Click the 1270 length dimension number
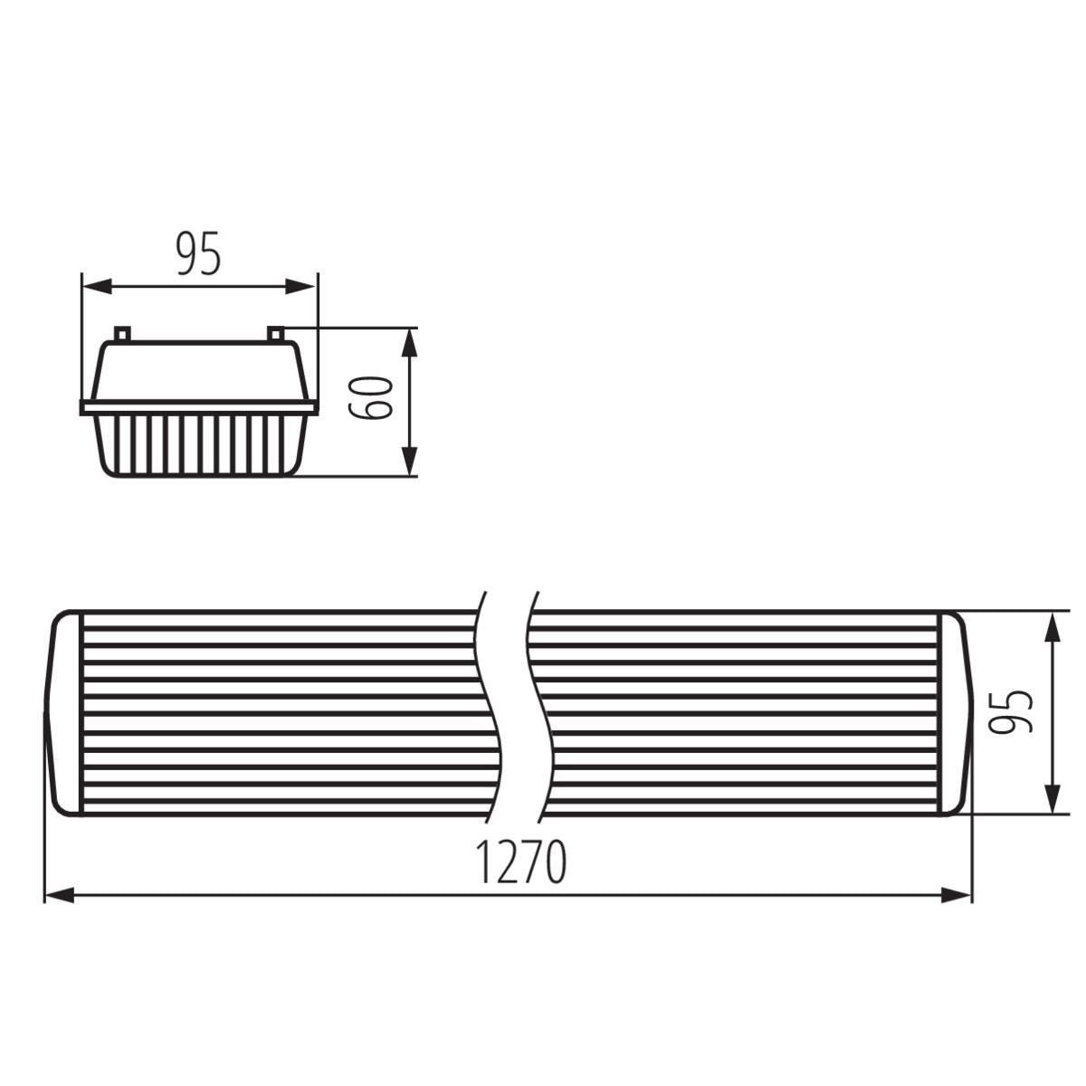pos(521,862)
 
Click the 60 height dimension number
pos(372,397)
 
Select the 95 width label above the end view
pos(198,253)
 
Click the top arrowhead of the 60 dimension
pos(410,343)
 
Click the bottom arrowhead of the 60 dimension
pos(410,461)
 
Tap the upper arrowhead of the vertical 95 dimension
pos(1053,627)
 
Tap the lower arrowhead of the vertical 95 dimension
pos(1053,798)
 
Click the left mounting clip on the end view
pos(122,334)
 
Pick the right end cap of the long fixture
pos(956,713)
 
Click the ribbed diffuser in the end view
pos(199,444)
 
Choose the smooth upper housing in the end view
pos(199,371)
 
